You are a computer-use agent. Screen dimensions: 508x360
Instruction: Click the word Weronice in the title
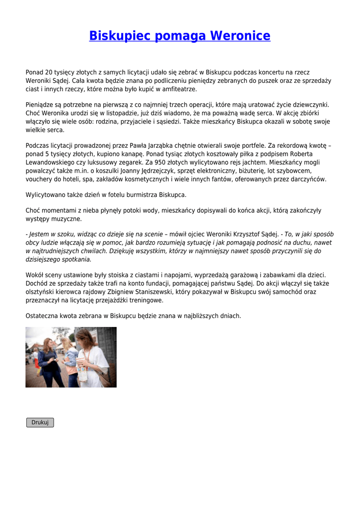[240, 36]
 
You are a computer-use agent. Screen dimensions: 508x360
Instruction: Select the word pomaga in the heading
[180, 36]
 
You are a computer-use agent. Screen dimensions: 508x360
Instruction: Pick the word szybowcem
[288, 171]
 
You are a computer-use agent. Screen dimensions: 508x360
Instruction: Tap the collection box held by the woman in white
[82, 371]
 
